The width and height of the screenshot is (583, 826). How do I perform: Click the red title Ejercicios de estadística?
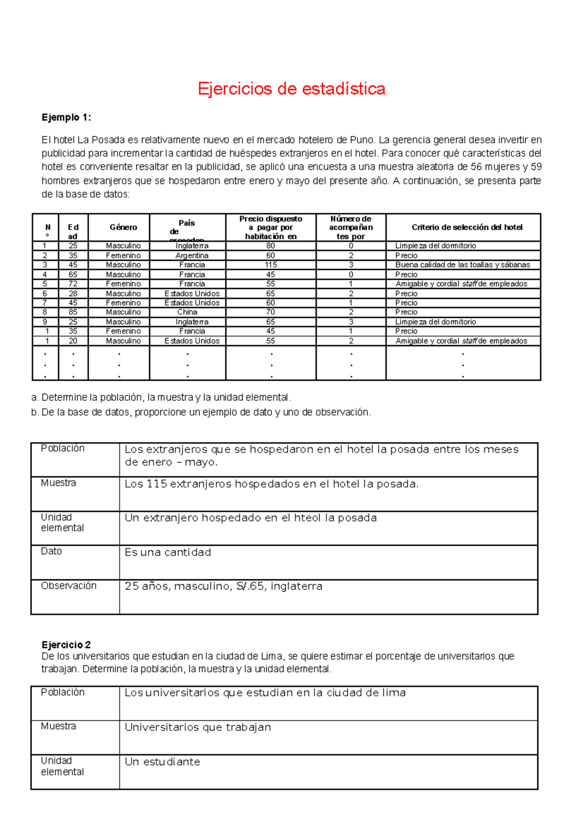pos(291,89)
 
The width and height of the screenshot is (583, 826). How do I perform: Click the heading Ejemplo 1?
pos(66,118)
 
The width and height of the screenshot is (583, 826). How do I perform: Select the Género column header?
pos(123,227)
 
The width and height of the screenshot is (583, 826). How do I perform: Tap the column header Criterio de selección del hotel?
pos(467,227)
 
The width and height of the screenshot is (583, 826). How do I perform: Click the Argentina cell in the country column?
pos(192,255)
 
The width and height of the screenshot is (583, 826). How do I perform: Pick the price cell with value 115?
pos(271,265)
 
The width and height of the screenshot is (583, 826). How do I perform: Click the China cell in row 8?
pos(187,312)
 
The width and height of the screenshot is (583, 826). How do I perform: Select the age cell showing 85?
pos(73,312)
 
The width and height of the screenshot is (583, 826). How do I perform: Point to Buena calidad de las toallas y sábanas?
pos(463,265)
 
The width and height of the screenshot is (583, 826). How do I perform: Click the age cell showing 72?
pos(73,284)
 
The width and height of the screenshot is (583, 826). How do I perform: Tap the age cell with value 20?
pos(73,341)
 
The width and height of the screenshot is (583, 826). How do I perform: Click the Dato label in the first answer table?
pos(51,551)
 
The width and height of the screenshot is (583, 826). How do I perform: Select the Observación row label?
pos(69,586)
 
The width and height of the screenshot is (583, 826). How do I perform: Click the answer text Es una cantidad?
pos(168,552)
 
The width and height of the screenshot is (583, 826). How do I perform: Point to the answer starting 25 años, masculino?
pos(223,586)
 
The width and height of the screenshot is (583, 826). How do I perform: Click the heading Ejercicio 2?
pos(66,645)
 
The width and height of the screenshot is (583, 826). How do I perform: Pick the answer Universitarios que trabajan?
pos(198,727)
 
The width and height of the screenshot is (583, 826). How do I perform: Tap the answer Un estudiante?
pos(162,761)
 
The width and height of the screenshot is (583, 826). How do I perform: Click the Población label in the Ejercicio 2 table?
pos(63,692)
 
